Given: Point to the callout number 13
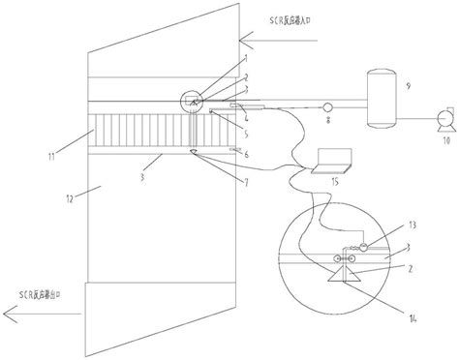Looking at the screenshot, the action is point(387,225).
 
